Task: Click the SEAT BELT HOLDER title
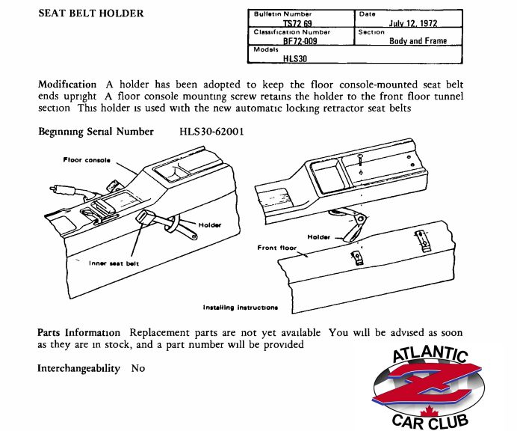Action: pyautogui.click(x=91, y=13)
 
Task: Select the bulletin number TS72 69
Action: pyautogui.click(x=297, y=23)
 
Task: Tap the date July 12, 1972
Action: pyautogui.click(x=413, y=23)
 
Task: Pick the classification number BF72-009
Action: pyautogui.click(x=300, y=41)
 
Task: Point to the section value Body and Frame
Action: pyautogui.click(x=418, y=41)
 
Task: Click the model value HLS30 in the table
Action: pyautogui.click(x=295, y=59)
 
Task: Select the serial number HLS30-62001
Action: pyautogui.click(x=211, y=132)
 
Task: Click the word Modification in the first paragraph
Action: pyautogui.click(x=67, y=85)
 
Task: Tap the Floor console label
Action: pyautogui.click(x=87, y=160)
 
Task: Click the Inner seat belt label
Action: pyautogui.click(x=114, y=263)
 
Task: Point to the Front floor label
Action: pyautogui.click(x=277, y=248)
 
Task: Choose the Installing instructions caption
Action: pyautogui.click(x=241, y=308)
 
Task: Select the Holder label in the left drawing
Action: pyautogui.click(x=210, y=225)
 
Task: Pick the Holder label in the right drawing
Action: pyautogui.click(x=318, y=237)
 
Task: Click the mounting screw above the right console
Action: pyautogui.click(x=360, y=161)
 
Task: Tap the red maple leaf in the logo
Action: pyautogui.click(x=429, y=412)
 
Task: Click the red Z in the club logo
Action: pyautogui.click(x=427, y=384)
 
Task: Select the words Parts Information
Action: pyautogui.click(x=78, y=332)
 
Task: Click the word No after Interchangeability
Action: pyautogui.click(x=138, y=368)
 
